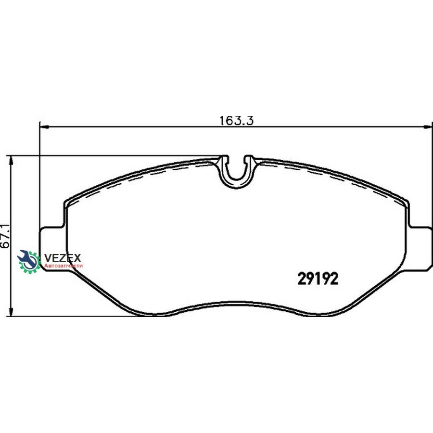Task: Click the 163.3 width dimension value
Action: (236, 121)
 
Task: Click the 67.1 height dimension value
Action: (5, 236)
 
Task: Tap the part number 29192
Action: (318, 279)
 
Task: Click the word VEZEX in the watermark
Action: (63, 258)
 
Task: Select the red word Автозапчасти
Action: (64, 266)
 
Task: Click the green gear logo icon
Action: (29, 262)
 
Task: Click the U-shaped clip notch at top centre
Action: (237, 171)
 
